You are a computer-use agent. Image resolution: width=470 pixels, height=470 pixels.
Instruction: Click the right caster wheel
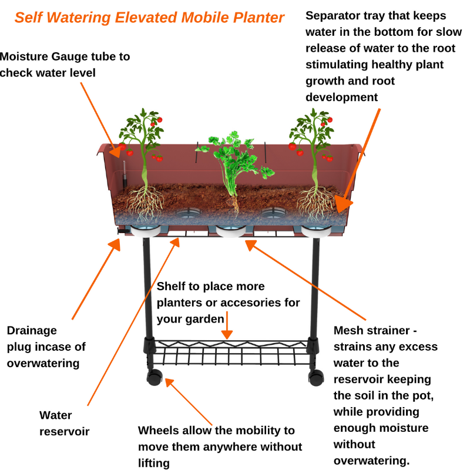[316, 375]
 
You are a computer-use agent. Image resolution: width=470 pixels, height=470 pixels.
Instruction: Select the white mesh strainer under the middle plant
[231, 231]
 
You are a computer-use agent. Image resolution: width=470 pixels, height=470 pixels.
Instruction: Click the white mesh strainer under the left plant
[145, 231]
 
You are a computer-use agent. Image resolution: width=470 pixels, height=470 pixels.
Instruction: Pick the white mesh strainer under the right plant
[317, 231]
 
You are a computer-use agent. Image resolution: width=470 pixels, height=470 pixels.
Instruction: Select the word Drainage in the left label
[32, 330]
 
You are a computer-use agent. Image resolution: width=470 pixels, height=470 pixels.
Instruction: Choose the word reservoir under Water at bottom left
[65, 432]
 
